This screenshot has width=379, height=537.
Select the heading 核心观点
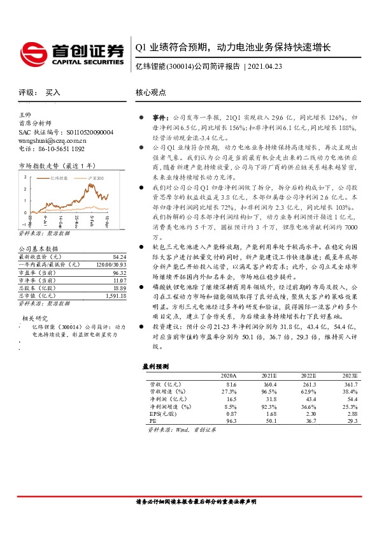[151, 92]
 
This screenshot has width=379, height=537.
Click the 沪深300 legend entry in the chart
[96, 179]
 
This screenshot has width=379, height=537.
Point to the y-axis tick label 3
[25, 176]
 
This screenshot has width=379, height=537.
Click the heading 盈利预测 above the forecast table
[155, 366]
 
